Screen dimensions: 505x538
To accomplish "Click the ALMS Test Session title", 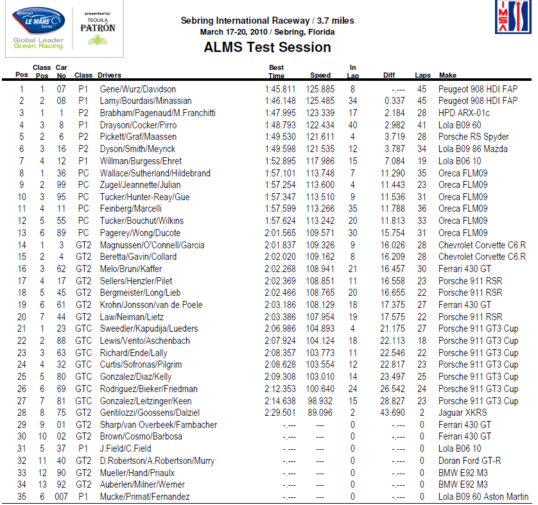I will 267,47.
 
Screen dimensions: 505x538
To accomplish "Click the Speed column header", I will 320,75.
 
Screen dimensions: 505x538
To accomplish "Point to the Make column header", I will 447,75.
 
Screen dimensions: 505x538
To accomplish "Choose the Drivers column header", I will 110,75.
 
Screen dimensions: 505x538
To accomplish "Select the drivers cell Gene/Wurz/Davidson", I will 138,89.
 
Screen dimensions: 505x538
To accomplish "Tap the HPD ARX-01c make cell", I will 464,113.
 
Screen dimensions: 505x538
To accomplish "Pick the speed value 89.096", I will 320,413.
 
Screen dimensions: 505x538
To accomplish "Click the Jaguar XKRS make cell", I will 464,413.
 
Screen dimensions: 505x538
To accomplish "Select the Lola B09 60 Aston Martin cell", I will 483,497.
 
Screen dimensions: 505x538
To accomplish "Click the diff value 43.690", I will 393,413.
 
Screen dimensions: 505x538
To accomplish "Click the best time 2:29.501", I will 281,413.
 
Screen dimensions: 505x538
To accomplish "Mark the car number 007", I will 61,497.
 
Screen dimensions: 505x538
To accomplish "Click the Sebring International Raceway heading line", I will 267,21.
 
